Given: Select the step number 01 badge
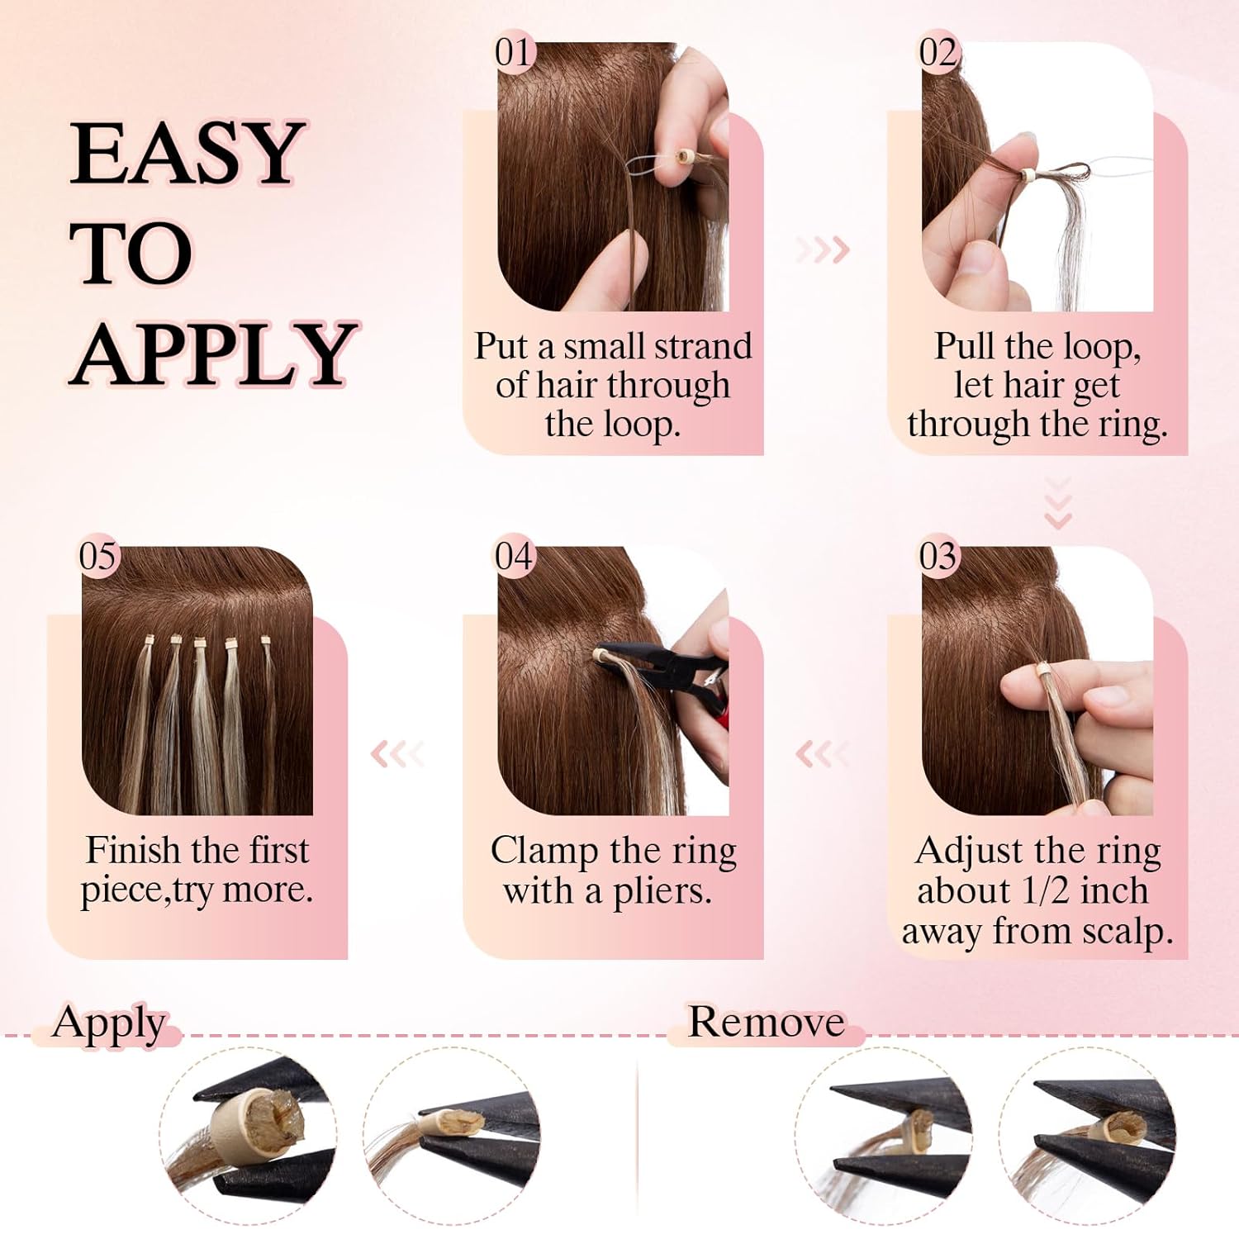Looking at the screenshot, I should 513,53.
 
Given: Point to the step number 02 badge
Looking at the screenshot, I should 938,53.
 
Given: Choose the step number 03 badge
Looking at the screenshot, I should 938,557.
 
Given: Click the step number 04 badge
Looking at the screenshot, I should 513,557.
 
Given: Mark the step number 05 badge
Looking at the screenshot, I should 97,557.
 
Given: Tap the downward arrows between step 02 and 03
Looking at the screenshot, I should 1058,503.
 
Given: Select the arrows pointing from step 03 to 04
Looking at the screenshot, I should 821,753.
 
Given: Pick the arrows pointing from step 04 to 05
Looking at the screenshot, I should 397,753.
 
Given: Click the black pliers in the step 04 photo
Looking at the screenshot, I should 661,665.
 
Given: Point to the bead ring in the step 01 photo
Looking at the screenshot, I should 683,157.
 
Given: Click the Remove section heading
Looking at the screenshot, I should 766,1022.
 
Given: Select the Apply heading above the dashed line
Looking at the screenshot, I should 108,1023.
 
